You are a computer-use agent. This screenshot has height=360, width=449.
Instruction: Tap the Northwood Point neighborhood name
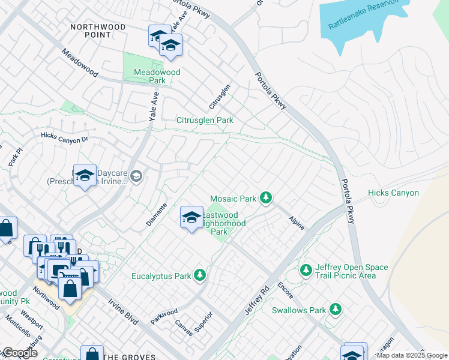click(98, 31)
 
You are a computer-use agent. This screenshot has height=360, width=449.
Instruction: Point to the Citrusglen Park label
click(204, 120)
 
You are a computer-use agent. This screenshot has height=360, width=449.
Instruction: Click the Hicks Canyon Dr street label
click(64, 137)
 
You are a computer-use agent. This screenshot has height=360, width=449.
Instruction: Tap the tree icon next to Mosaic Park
click(266, 197)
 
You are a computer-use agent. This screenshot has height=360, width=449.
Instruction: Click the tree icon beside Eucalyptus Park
click(200, 275)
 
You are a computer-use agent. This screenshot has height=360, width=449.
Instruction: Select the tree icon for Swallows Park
click(336, 310)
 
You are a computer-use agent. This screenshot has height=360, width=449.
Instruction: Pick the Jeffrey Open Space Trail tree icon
click(306, 271)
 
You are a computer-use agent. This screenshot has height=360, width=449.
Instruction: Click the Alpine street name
click(297, 223)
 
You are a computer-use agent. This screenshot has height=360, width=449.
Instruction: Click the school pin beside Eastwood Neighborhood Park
click(191, 216)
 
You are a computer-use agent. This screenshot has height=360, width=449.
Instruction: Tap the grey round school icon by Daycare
click(137, 176)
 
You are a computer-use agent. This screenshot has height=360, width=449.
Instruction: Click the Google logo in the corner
click(20, 353)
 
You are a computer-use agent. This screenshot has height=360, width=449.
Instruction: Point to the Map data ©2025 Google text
click(412, 355)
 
